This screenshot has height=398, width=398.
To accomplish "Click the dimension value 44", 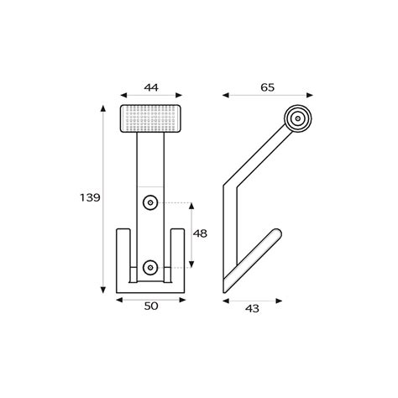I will [151, 86].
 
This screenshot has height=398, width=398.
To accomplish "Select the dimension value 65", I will [268, 86].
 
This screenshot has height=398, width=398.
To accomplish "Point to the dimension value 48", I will [200, 234].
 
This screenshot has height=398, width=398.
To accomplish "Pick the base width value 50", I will [151, 306].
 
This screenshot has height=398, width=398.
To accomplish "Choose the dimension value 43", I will [251, 307].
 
